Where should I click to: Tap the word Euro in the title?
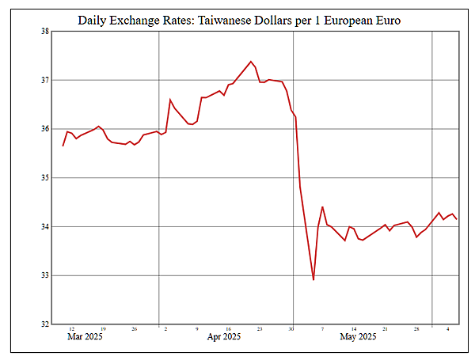[x=385, y=19]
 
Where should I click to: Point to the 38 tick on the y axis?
[x=44, y=32]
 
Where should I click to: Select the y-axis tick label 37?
[x=44, y=80]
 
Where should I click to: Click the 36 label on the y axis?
[x=44, y=129]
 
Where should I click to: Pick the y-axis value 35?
[x=44, y=178]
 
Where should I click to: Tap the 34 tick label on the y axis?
[x=44, y=227]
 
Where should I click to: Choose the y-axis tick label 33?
[x=44, y=275]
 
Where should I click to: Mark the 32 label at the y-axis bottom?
[x=44, y=324]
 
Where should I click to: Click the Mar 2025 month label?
[x=84, y=338]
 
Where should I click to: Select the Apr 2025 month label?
[x=224, y=338]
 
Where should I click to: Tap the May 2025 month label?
[x=358, y=338]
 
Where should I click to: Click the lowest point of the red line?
[x=313, y=279]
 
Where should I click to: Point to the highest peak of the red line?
[x=251, y=61]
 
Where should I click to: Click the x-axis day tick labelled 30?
[x=291, y=329]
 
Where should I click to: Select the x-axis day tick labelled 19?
[x=103, y=329]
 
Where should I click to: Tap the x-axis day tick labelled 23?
[x=259, y=329]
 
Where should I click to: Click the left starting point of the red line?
[x=63, y=146]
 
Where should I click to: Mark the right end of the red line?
[x=457, y=219]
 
